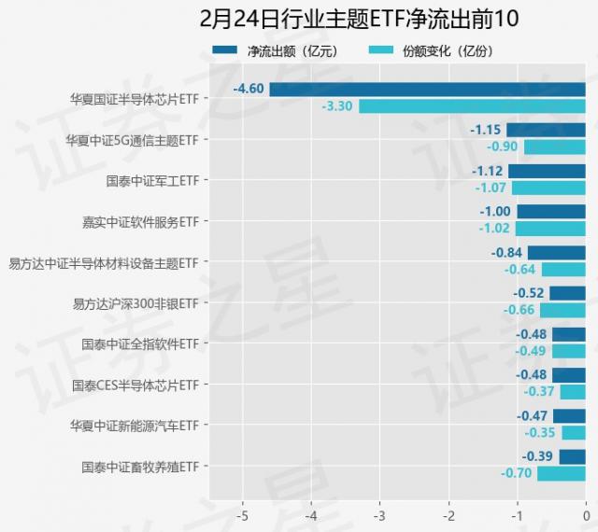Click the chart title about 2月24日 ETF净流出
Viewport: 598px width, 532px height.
[359, 19]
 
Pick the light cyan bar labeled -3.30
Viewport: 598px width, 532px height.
[472, 106]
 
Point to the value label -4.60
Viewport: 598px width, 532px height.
[249, 90]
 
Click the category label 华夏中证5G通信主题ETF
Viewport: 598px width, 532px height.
[132, 140]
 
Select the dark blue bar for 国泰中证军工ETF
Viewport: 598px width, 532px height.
[547, 171]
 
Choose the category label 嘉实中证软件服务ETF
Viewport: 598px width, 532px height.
[140, 222]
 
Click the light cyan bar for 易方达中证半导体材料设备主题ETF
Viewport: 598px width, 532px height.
[563, 270]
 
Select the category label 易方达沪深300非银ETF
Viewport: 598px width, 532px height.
[135, 303]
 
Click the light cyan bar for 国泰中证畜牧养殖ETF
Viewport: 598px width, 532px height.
[561, 473]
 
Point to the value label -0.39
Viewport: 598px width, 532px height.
[538, 456]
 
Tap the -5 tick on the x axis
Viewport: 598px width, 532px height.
[243, 515]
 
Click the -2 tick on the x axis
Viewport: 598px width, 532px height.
[448, 515]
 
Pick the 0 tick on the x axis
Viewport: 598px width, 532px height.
[586, 515]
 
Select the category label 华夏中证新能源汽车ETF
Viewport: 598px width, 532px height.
[135, 426]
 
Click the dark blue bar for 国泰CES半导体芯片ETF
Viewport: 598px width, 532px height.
[569, 374]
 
